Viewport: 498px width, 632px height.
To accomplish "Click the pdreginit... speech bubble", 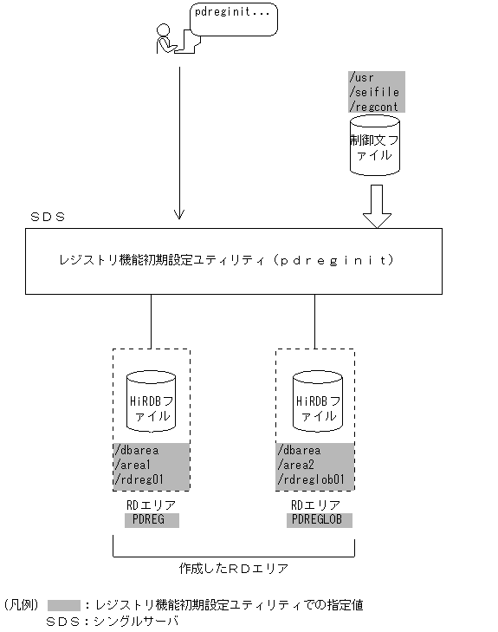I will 233,18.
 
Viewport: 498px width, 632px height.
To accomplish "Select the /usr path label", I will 361,77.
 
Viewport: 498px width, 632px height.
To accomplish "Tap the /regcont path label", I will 373,105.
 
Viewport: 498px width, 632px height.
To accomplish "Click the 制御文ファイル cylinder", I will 375,147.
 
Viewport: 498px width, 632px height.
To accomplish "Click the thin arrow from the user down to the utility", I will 179,139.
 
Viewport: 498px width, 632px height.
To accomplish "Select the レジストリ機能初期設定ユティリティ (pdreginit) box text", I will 225,259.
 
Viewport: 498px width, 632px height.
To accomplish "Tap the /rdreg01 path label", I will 139,479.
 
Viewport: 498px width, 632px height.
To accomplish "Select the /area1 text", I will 135,465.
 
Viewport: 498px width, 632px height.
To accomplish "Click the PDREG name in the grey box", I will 151,520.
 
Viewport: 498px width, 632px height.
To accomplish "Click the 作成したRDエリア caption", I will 233,569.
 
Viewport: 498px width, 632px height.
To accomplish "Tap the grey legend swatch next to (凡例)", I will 64,605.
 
